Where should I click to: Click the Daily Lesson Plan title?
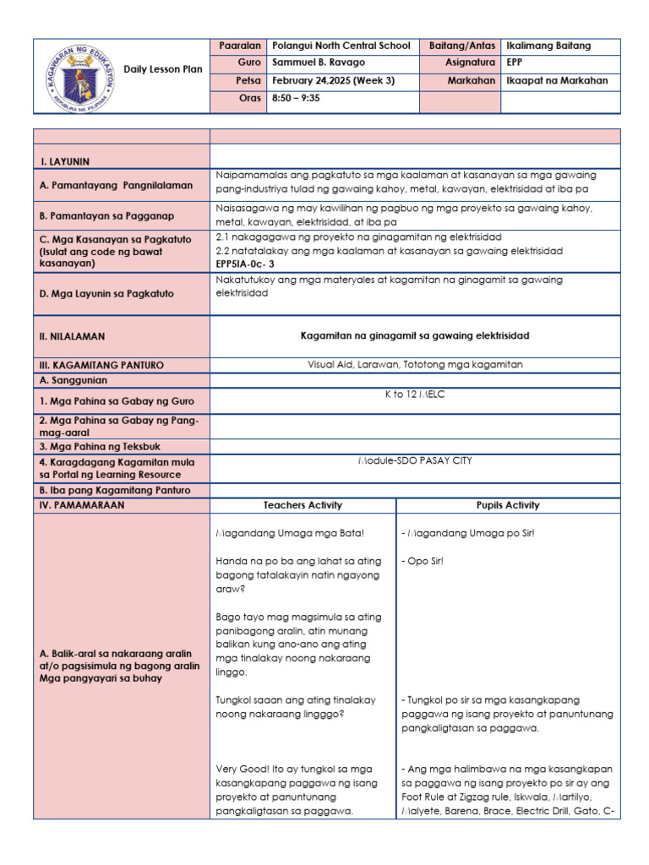(x=163, y=69)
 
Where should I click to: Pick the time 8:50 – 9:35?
(x=297, y=99)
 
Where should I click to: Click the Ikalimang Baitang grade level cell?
(x=548, y=46)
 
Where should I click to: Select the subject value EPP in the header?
(x=515, y=63)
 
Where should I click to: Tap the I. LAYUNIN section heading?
(x=65, y=160)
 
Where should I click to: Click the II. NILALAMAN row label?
(x=73, y=336)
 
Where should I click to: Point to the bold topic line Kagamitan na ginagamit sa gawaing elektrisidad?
(x=415, y=335)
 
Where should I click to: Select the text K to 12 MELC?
(x=415, y=394)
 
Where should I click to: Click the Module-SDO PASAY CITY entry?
(x=415, y=460)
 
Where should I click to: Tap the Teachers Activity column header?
(x=303, y=505)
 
